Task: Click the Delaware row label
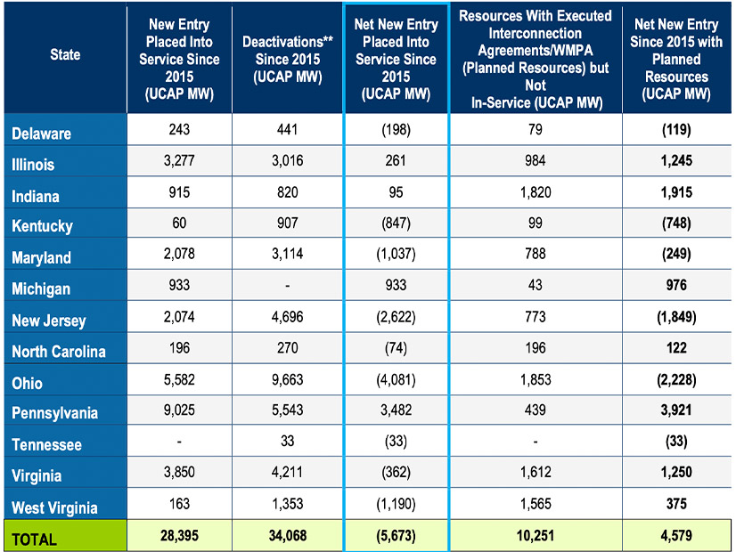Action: [x=41, y=134]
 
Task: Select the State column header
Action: [x=64, y=54]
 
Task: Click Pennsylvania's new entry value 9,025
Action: [x=180, y=413]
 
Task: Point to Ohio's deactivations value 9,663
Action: [x=287, y=383]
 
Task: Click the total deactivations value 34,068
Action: [x=287, y=538]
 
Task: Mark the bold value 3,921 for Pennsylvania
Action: [x=676, y=413]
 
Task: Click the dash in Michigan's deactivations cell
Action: [x=287, y=288]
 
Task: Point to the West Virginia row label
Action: [x=54, y=507]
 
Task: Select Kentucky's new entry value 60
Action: [x=180, y=225]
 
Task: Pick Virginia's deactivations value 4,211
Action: [x=287, y=475]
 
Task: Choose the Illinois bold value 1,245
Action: [x=676, y=164]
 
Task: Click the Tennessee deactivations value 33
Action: [x=287, y=444]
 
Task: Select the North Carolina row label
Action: [x=58, y=351]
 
